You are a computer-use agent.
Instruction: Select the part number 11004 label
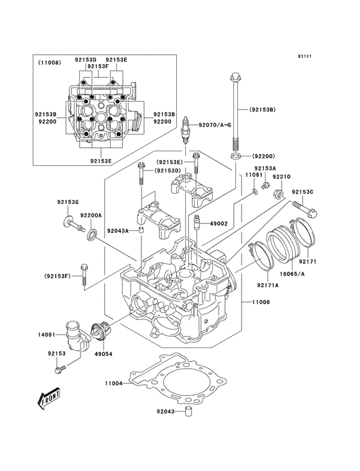click(114, 383)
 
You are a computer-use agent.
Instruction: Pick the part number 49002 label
click(219, 223)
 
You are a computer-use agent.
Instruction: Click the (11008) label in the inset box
click(50, 62)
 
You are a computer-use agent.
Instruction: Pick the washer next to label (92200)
click(236, 156)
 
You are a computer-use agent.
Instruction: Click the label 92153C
click(303, 192)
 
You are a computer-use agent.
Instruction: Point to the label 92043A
click(118, 230)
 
